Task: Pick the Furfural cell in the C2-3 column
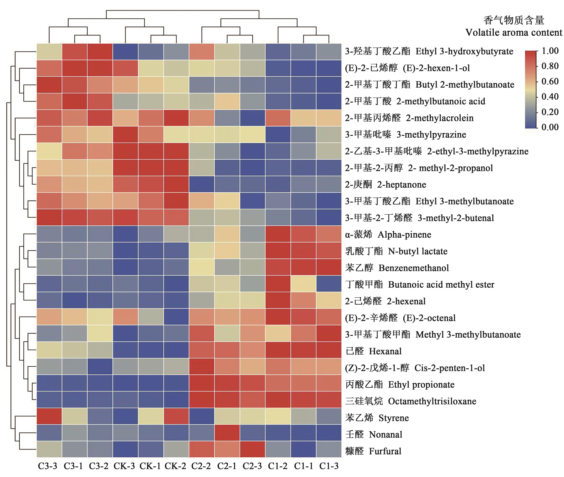coord(252,451)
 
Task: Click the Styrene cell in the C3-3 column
coord(49,418)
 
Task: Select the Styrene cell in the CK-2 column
coord(176,418)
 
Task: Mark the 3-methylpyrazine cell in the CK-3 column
coord(125,134)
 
